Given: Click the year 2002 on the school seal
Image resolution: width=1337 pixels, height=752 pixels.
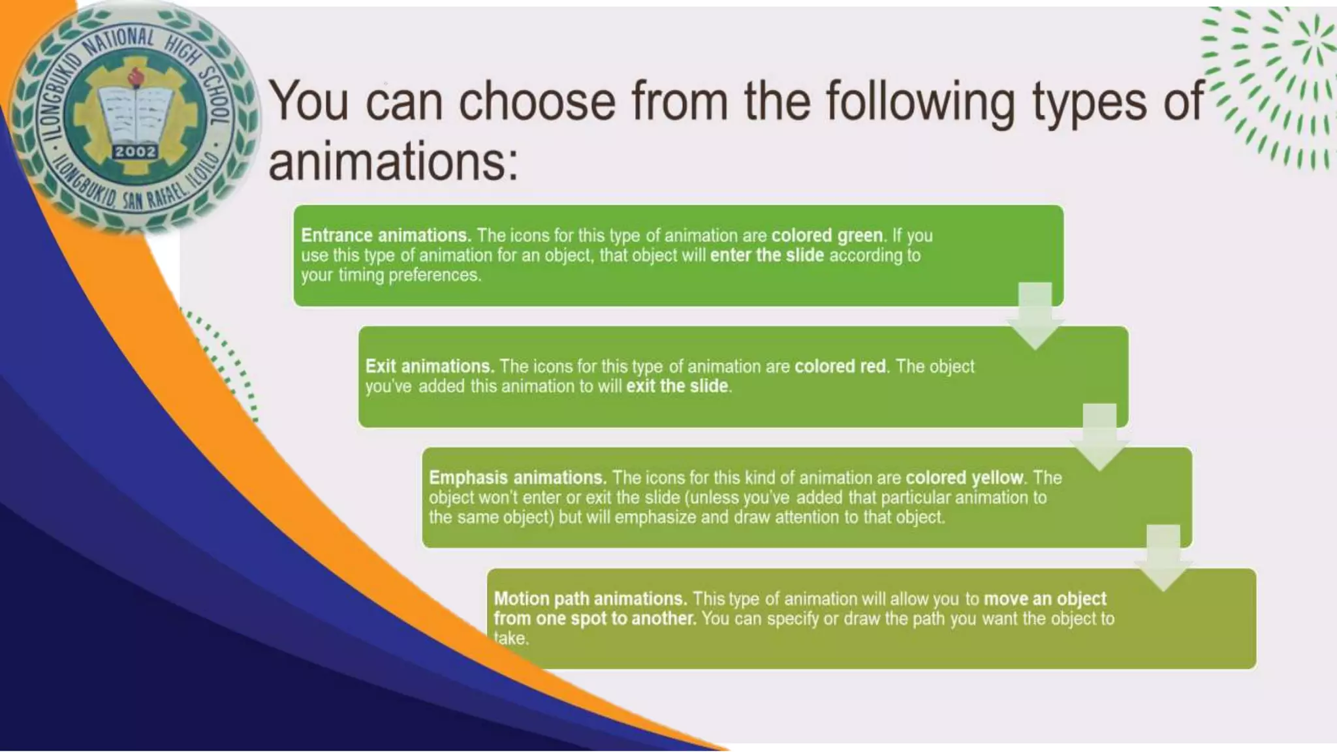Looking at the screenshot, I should click(x=135, y=151).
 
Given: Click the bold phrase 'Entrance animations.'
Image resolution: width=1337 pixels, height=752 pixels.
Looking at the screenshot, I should click(x=386, y=235).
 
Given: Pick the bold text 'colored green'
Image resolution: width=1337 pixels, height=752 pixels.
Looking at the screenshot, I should click(x=826, y=235).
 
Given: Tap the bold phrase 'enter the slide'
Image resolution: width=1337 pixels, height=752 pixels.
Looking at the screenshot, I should click(x=766, y=255).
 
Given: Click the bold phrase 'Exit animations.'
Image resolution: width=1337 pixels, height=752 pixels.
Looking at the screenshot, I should click(x=430, y=366).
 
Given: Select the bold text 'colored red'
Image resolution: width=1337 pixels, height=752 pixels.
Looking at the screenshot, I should click(x=840, y=366).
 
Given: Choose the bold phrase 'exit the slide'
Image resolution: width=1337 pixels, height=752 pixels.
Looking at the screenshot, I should click(x=677, y=386).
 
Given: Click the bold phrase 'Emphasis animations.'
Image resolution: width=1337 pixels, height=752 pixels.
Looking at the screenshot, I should click(x=518, y=478).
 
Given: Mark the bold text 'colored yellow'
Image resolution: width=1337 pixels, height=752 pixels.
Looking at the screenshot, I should click(x=964, y=478).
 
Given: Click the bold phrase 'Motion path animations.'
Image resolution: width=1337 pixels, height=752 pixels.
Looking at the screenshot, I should click(x=590, y=599).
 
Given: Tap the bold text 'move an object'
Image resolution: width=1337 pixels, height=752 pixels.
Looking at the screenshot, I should click(x=1045, y=599).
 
